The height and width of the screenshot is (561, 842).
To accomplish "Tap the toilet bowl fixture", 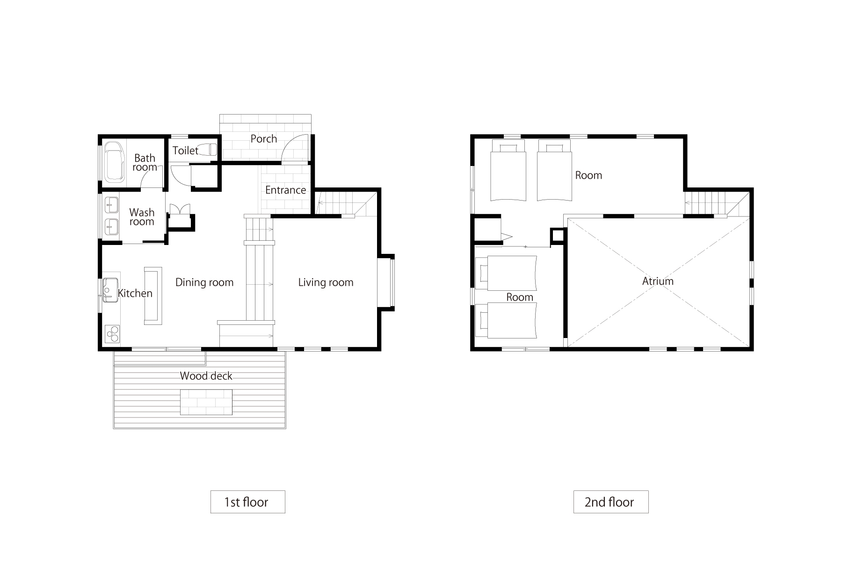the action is pos(207,150).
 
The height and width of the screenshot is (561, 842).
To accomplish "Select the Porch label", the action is pos(264,139).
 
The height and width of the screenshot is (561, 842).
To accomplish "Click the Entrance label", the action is pos(285,190).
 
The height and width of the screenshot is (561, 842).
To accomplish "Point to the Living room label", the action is pos(326,282).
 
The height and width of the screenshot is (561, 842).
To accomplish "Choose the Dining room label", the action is pos(204,282).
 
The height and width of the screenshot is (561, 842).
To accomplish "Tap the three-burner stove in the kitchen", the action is pos(112,334).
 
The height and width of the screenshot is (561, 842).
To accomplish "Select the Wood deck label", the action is pos(206,376).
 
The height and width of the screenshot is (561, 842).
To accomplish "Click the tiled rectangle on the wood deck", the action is pos(206,402).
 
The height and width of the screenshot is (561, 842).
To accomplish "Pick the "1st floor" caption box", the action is pos(247,502).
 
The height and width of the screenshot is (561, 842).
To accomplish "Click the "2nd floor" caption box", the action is pos(611,502).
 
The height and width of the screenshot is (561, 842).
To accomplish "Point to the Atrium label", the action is pos(658,281).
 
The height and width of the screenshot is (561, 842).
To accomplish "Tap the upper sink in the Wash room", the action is pos(111,204).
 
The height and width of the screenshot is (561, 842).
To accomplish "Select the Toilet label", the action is pos(185,151).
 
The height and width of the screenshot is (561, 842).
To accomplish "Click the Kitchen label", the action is pos(135,293).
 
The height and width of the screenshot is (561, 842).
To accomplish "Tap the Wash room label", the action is pos(142,217).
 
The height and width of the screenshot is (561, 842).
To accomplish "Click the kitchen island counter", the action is pos(153,296).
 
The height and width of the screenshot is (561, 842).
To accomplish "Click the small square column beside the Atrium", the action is pos(558,236).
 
